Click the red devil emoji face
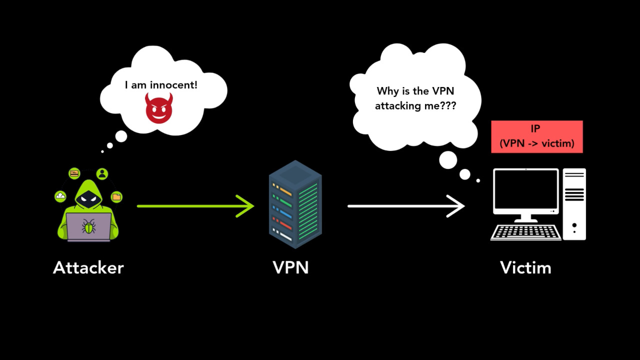pos(159,108)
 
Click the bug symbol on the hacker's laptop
pos(89,227)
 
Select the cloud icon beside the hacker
pos(60,196)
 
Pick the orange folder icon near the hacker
pos(116,196)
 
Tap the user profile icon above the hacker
pos(102,174)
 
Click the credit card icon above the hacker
pos(74,173)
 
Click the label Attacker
pos(88,268)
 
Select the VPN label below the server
pos(290,268)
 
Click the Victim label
pos(525,268)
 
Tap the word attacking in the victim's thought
pos(398,106)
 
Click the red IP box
pos(537,136)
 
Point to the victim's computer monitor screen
pos(525,191)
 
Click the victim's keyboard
pos(525,232)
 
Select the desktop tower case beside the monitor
pos(574,204)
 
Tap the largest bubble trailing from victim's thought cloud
pos(448,160)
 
